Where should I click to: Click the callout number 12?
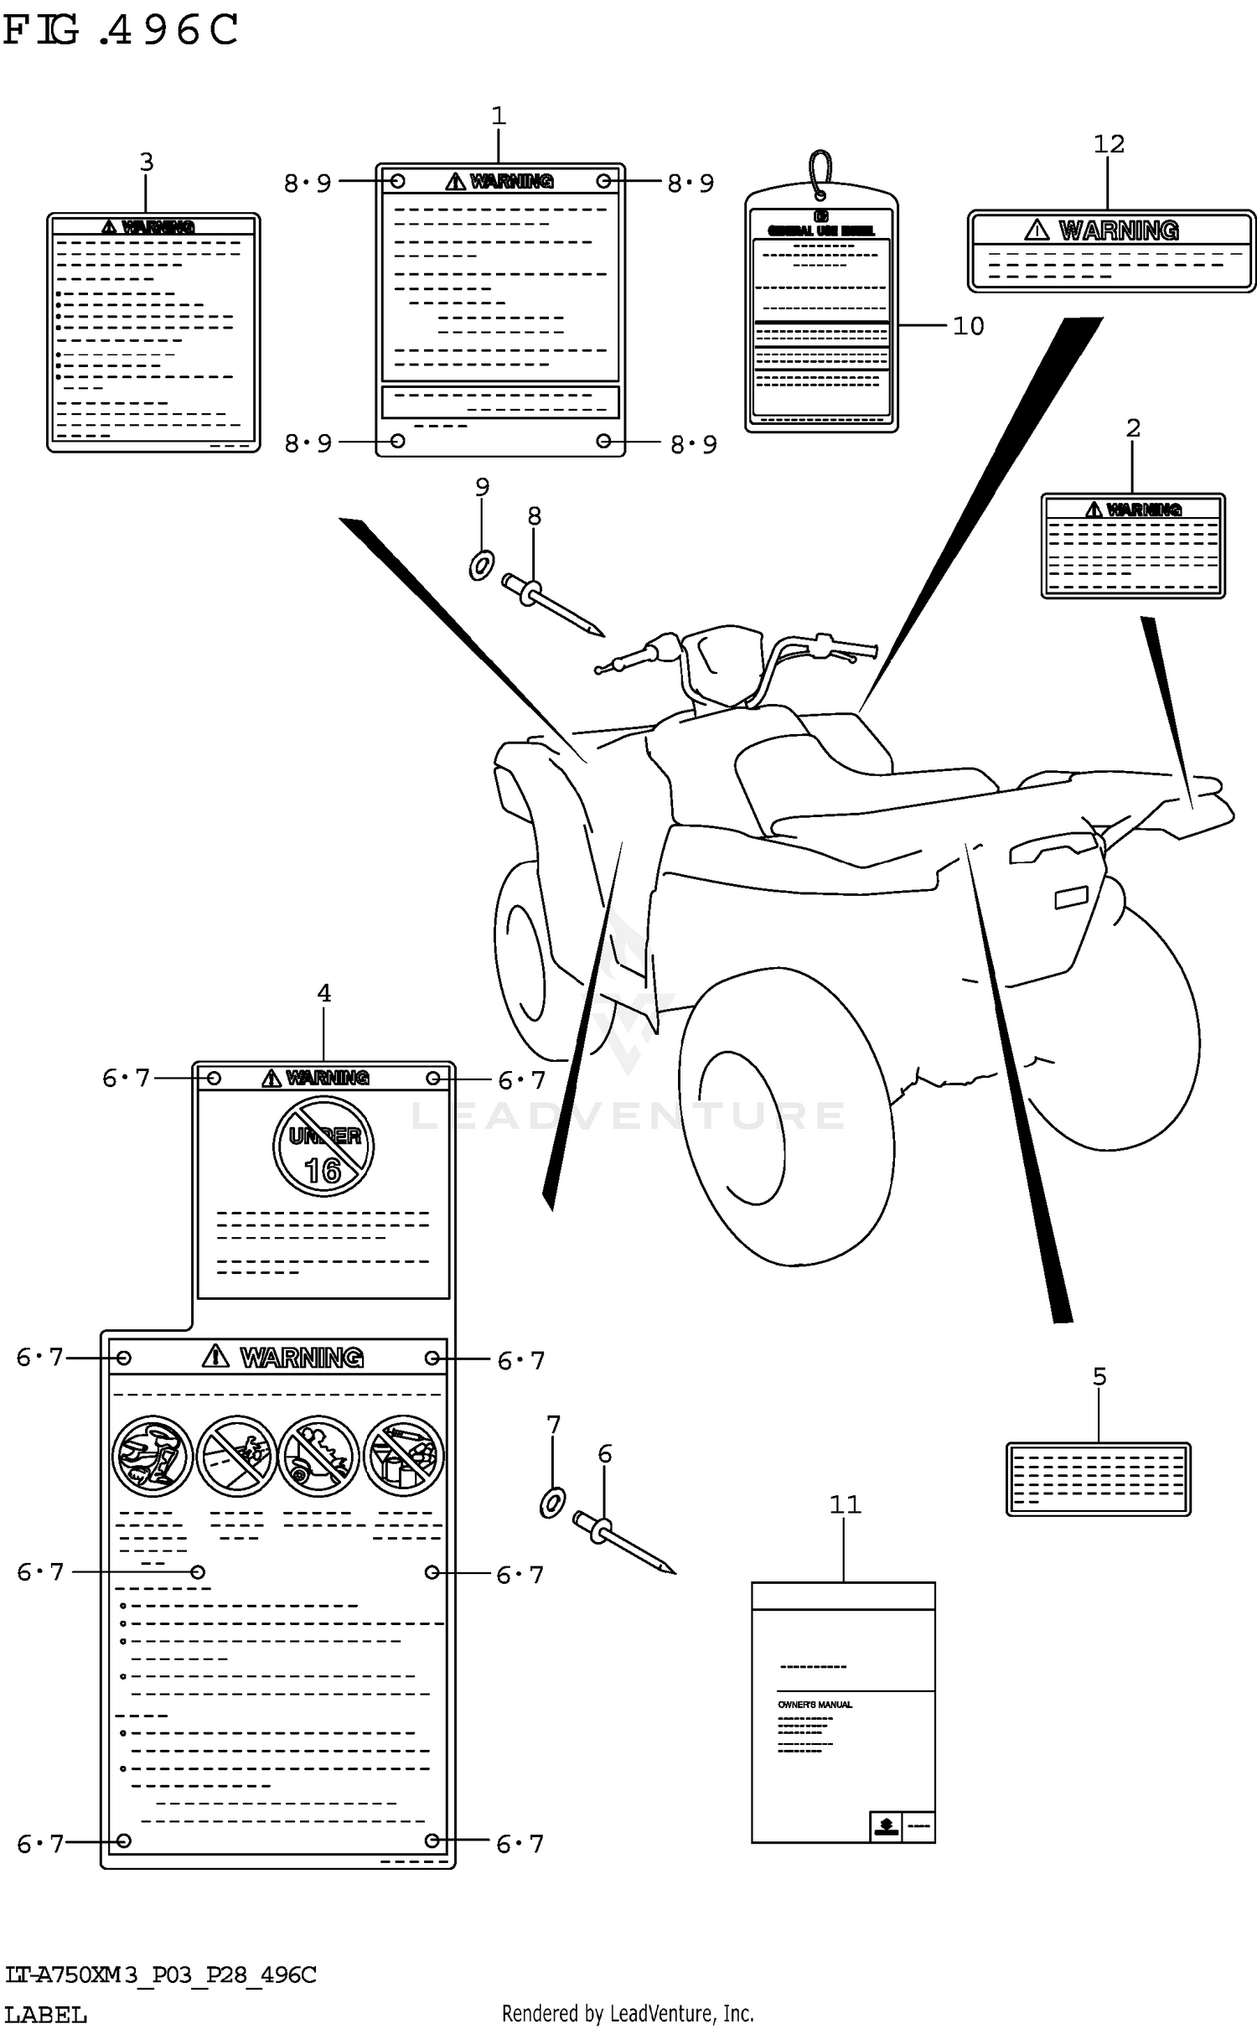(1108, 144)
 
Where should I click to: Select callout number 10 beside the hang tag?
(968, 326)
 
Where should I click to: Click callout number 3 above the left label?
(147, 162)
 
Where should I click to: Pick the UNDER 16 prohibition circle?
(323, 1148)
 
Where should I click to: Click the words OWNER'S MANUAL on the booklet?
(815, 1705)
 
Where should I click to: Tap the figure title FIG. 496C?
(121, 30)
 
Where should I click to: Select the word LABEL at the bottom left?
(46, 2015)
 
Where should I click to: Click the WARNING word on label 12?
(1119, 230)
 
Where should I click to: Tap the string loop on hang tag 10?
(820, 172)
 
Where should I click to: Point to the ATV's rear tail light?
(1071, 898)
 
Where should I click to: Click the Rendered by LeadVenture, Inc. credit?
(628, 2014)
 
